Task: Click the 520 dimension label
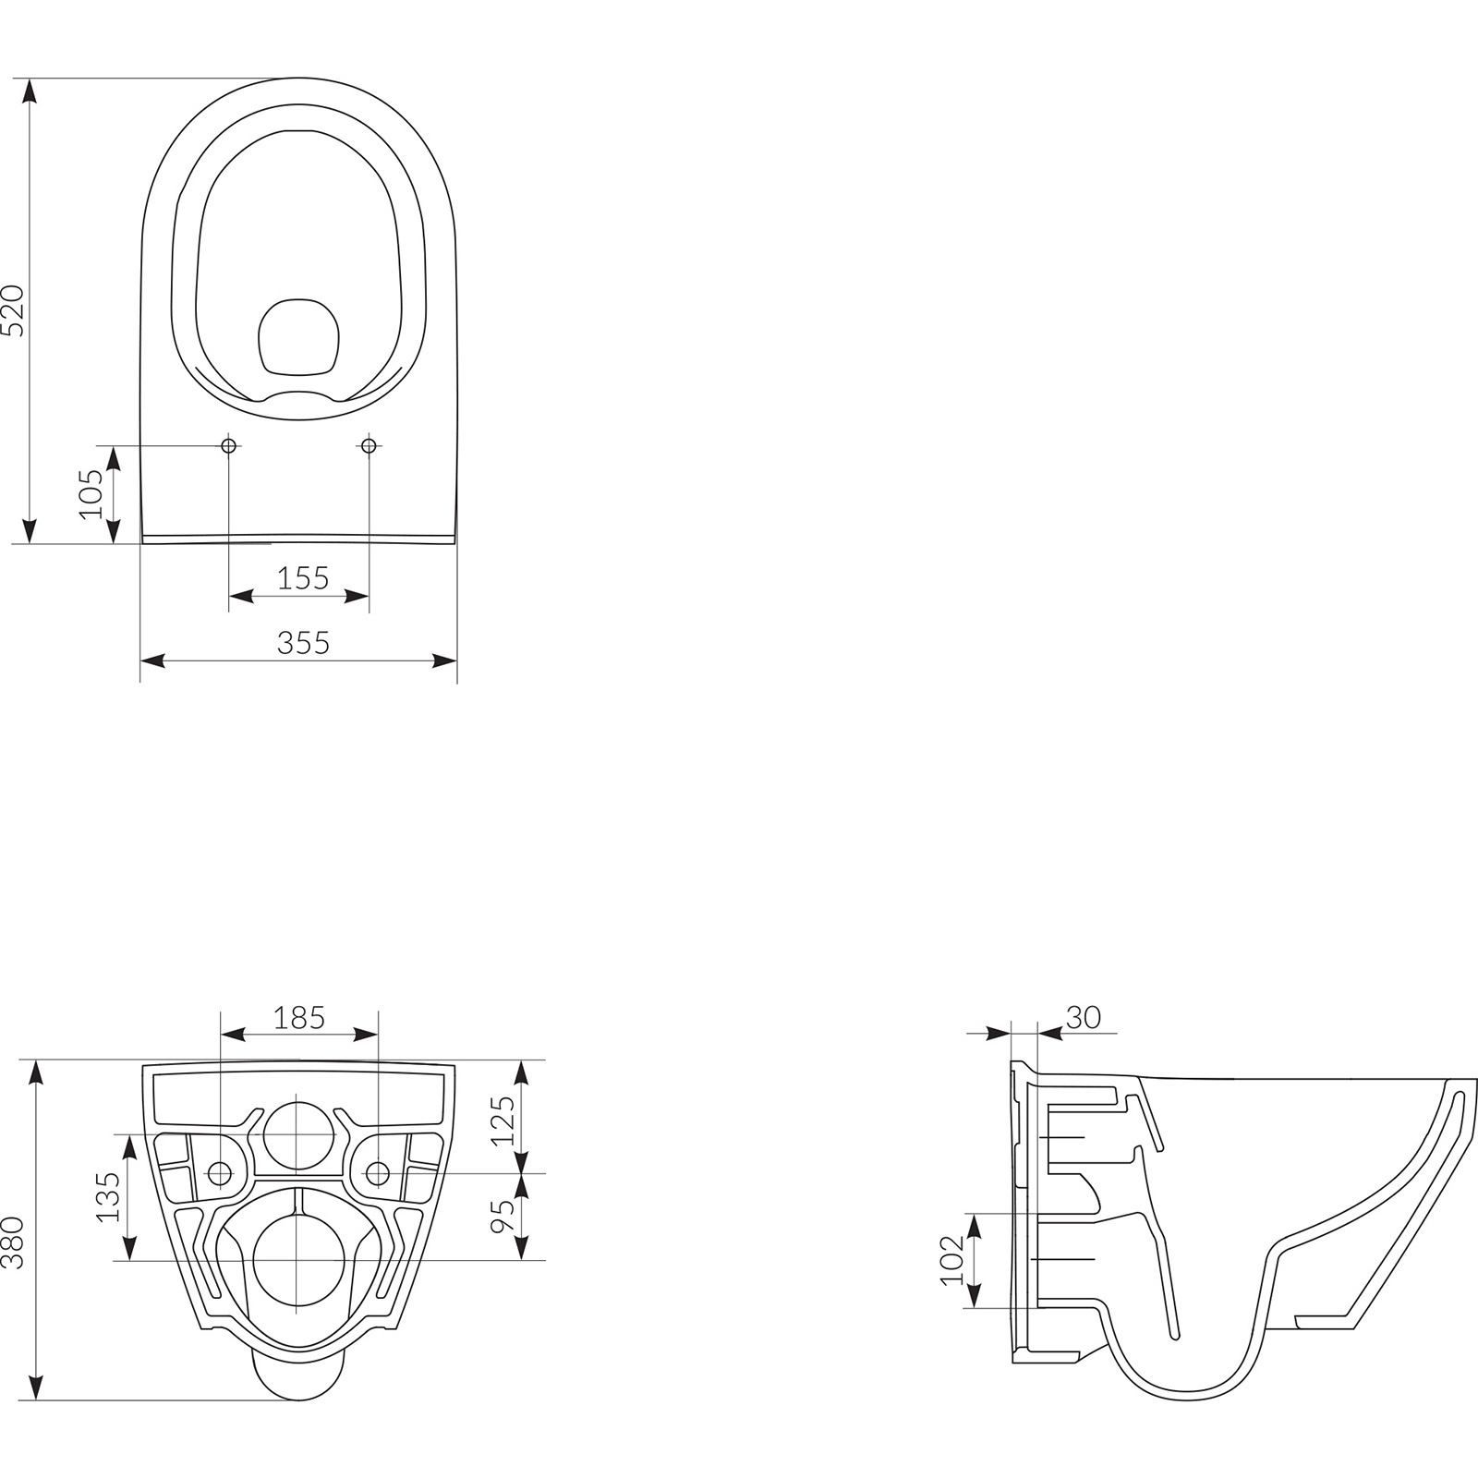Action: pyautogui.click(x=14, y=310)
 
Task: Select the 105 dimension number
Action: pyautogui.click(x=91, y=494)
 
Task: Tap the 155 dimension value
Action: pyautogui.click(x=303, y=578)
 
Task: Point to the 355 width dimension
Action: pyautogui.click(x=303, y=643)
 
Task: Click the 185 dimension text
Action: pyautogui.click(x=299, y=1018)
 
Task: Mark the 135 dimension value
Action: pyautogui.click(x=109, y=1197)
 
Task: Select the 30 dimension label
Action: pyautogui.click(x=1083, y=1018)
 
